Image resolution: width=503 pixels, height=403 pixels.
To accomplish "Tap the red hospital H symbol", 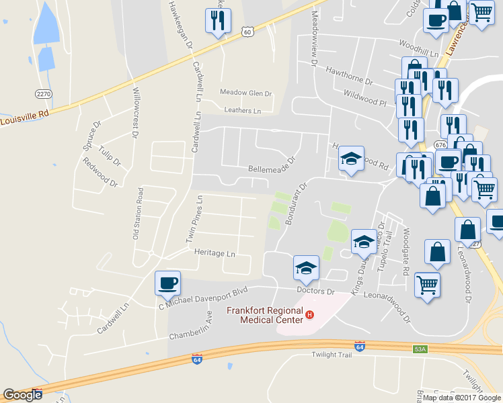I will click(309, 315).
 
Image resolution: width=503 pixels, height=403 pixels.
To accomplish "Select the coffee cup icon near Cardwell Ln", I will click(167, 283).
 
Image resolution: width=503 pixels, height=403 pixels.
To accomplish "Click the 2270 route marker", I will click(44, 93).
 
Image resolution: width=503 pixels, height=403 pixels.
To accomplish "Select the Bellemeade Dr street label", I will click(272, 169).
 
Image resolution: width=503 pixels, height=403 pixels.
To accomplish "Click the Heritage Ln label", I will click(215, 254).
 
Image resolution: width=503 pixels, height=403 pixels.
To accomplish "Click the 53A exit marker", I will click(420, 349).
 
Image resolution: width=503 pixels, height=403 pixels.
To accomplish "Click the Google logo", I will click(22, 395).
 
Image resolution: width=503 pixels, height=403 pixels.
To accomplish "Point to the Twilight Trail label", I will click(332, 355).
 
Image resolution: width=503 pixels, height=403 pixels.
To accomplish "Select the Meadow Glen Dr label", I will click(245, 93).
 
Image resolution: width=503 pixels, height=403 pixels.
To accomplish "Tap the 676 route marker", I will click(440, 144).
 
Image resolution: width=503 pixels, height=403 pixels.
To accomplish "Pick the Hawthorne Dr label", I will click(348, 75).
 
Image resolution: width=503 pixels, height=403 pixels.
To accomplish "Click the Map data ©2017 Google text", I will click(462, 397).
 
